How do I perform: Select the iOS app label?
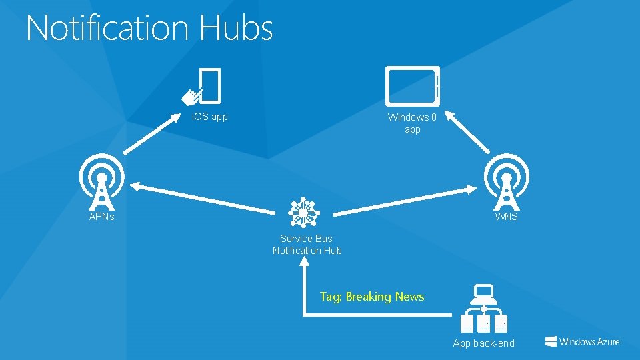point(209,117)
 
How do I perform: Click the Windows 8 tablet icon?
point(413,86)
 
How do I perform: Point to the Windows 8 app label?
point(413,123)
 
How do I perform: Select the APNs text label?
point(102,217)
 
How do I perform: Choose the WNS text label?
point(506,217)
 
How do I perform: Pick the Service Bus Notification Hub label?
point(307,245)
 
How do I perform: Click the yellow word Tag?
point(331,297)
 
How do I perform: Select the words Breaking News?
point(385,297)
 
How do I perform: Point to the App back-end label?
point(483,343)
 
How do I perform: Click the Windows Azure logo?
point(582,341)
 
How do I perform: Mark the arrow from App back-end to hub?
point(304,293)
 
